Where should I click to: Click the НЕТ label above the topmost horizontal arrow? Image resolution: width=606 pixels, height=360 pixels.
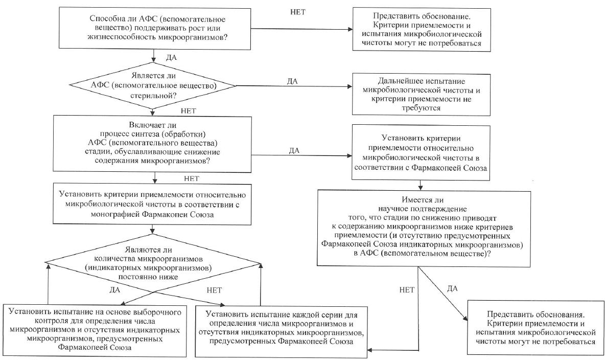pyautogui.click(x=297, y=11)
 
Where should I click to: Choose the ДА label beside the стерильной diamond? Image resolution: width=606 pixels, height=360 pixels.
pyautogui.click(x=293, y=81)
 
